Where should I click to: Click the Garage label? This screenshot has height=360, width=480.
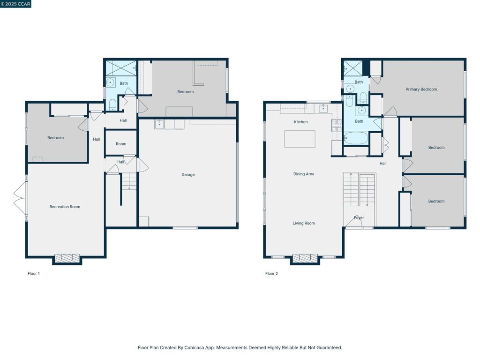click(188, 175)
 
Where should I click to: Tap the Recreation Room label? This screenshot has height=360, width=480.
click(65, 207)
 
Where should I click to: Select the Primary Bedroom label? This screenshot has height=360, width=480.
click(421, 90)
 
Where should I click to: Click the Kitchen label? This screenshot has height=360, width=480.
click(300, 122)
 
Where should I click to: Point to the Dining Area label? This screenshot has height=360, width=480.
click(304, 174)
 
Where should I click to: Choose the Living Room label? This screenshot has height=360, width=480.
click(304, 223)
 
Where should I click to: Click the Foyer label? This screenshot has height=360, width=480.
click(359, 217)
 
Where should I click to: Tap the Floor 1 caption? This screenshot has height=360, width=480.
click(34, 274)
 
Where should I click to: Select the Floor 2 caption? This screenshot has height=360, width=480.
click(271, 274)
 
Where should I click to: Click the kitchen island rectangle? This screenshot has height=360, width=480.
click(300, 139)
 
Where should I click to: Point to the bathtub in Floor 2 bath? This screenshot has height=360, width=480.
click(355, 138)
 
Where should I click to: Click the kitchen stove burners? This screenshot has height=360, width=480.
click(337, 126)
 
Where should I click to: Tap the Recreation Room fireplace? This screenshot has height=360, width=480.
click(67, 259)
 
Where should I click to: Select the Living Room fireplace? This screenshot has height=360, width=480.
click(305, 259)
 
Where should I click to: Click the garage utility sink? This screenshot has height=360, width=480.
click(159, 124)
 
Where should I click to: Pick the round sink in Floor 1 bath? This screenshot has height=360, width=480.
click(110, 82)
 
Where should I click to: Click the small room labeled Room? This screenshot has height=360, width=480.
click(121, 143)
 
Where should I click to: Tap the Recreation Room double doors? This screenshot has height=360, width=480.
click(21, 198)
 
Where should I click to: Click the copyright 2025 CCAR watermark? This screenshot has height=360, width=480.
click(15, 4)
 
